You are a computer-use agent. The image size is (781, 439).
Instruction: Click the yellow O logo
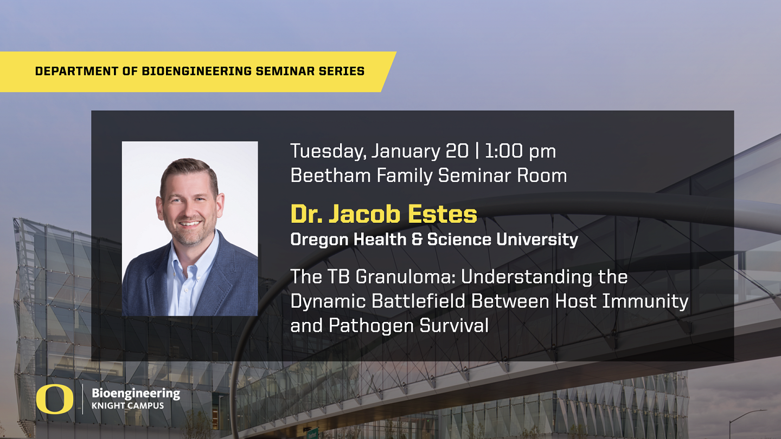55,400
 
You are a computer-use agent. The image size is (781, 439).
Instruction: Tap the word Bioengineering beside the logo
136,393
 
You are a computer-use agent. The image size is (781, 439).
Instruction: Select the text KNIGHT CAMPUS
127,406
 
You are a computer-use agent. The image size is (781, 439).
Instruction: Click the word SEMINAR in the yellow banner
283,71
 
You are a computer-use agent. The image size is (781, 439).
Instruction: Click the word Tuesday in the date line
328,151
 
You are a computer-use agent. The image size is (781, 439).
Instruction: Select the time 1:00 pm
520,151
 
